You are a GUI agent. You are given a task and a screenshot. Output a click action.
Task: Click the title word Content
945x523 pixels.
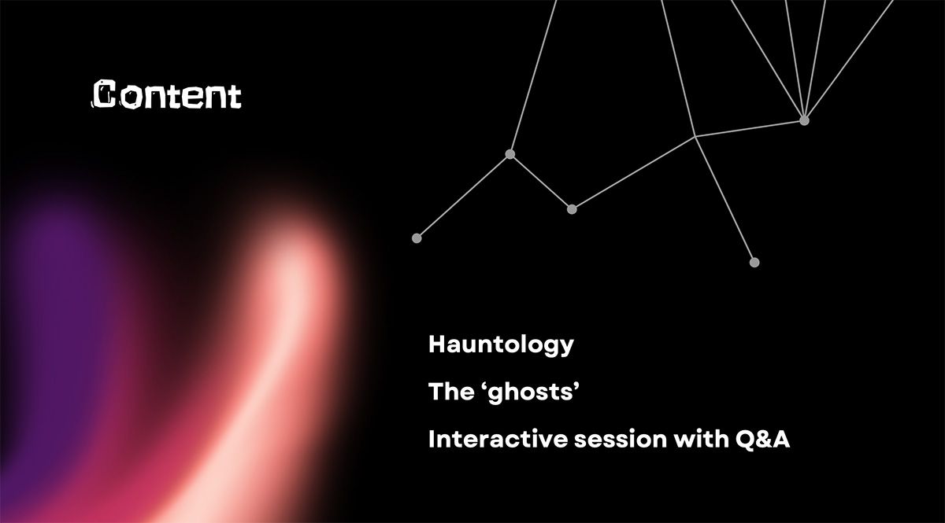tap(167, 94)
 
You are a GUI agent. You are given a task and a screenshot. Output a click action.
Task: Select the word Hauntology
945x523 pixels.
tap(501, 345)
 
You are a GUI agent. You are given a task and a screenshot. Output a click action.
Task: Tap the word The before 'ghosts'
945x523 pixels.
tap(451, 392)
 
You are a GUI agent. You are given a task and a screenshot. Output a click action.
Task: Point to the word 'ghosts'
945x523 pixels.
tap(534, 392)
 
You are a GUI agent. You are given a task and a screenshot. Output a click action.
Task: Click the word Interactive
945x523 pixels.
tap(498, 439)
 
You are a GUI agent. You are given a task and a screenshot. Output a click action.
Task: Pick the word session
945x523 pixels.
tap(621, 440)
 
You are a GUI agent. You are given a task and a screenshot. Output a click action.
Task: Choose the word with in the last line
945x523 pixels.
tap(701, 439)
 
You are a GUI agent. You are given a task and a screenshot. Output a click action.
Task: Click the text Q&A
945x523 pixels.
tap(763, 440)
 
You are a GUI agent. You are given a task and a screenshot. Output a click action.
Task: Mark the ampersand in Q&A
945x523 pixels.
tap(763, 440)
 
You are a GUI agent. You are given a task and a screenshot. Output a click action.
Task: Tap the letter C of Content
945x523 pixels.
tap(104, 94)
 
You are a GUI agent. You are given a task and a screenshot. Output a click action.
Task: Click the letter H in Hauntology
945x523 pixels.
tap(438, 344)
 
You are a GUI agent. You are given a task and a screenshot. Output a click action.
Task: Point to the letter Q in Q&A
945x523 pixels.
tap(745, 440)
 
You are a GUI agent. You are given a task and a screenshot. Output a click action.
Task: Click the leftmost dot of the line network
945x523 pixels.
tap(417, 238)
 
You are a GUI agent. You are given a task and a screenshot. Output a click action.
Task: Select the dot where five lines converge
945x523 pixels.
tap(805, 120)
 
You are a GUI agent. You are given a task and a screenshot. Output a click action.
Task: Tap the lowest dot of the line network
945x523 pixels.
tap(754, 263)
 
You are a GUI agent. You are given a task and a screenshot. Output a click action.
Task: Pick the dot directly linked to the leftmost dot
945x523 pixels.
tap(510, 154)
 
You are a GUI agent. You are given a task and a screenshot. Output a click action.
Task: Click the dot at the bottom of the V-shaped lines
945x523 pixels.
tap(572, 209)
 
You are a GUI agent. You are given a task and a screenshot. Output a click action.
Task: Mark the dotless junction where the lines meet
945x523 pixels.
tap(695, 137)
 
